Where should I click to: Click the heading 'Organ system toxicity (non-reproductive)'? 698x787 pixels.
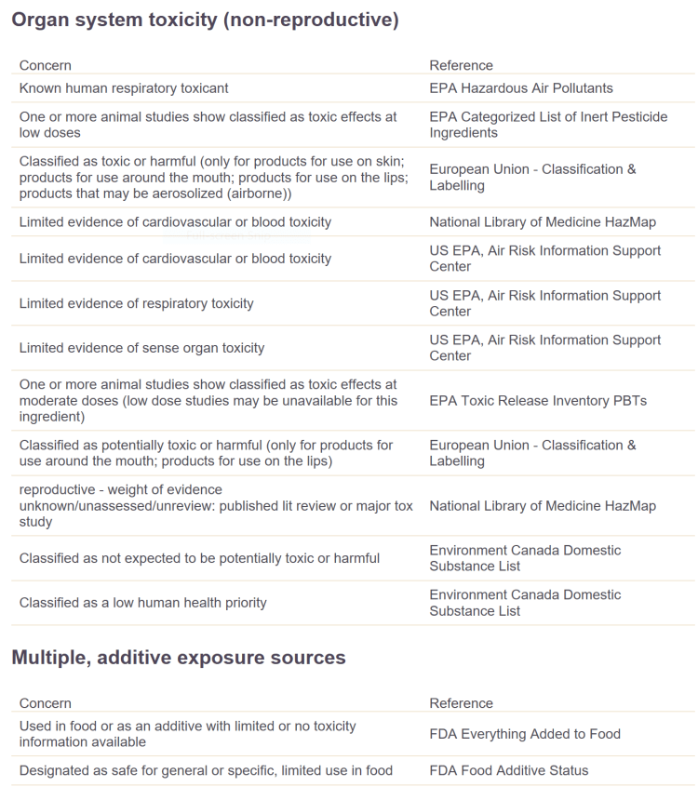(205, 20)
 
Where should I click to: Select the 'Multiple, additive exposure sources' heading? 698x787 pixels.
(178, 658)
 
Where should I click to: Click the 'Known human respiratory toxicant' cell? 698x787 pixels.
(124, 88)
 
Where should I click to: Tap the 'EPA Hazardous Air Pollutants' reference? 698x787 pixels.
(521, 88)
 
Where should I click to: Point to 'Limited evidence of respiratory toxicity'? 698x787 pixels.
(136, 303)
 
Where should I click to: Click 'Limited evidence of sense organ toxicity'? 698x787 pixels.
(141, 348)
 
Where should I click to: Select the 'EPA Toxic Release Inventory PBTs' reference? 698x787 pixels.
(538, 401)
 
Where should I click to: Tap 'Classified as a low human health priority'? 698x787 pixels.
(142, 603)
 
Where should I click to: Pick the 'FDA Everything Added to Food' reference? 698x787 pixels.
(525, 734)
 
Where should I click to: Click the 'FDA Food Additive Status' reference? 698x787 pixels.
(509, 770)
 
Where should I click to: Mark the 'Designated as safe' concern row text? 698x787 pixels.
(206, 770)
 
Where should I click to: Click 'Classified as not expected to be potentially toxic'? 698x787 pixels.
(199, 558)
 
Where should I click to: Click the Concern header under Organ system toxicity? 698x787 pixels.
(45, 65)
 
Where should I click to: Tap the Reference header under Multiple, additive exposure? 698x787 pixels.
(461, 703)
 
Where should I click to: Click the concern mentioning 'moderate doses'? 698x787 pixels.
(208, 401)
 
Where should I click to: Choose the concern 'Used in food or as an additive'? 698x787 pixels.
(187, 734)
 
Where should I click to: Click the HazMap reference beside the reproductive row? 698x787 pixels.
(543, 506)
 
